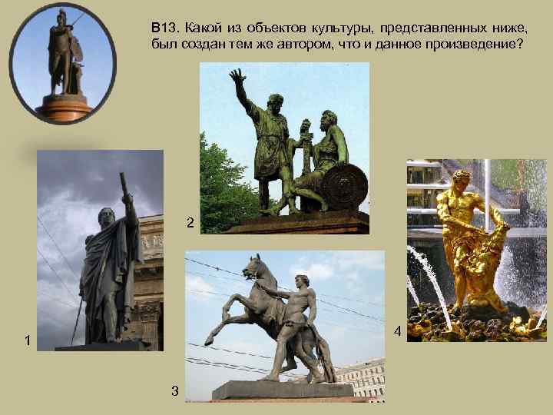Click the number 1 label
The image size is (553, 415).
pos(28,340)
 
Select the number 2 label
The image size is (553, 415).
pos(190,223)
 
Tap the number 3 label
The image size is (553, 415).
pos(175,391)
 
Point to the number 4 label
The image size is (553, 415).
pos(397,332)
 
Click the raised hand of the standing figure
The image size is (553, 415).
pos(237,77)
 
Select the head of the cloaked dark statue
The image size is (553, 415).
pos(105,217)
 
